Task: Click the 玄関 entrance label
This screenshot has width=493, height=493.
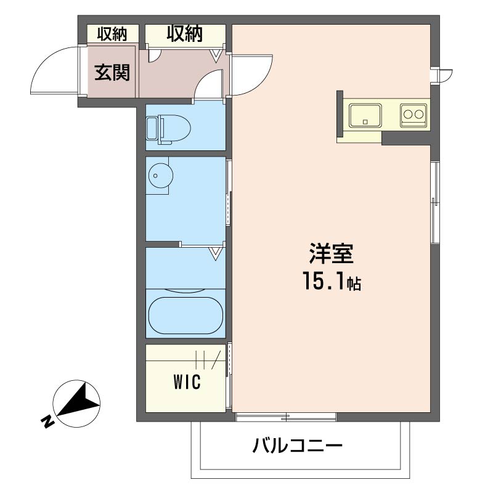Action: (x=112, y=73)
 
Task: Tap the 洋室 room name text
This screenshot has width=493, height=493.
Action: (x=332, y=253)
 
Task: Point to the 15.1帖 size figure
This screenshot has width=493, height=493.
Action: (x=332, y=281)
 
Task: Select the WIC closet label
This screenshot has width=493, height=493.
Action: (x=187, y=382)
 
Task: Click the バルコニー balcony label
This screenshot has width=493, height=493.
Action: (x=297, y=446)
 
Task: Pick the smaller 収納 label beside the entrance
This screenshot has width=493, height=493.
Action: (x=112, y=34)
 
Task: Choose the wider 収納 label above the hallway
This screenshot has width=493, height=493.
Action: (x=185, y=33)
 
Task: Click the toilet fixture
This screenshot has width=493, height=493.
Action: (x=168, y=129)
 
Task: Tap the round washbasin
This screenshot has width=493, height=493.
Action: (x=160, y=176)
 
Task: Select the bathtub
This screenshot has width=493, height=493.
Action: (x=185, y=315)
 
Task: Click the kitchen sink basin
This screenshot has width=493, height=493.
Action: (x=365, y=115)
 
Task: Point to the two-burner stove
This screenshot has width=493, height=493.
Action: (x=413, y=115)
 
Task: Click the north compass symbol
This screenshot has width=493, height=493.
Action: (x=76, y=404)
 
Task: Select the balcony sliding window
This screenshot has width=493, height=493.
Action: (x=286, y=417)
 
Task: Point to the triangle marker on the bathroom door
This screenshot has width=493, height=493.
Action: (x=215, y=254)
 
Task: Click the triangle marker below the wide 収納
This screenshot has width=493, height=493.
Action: (x=215, y=56)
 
